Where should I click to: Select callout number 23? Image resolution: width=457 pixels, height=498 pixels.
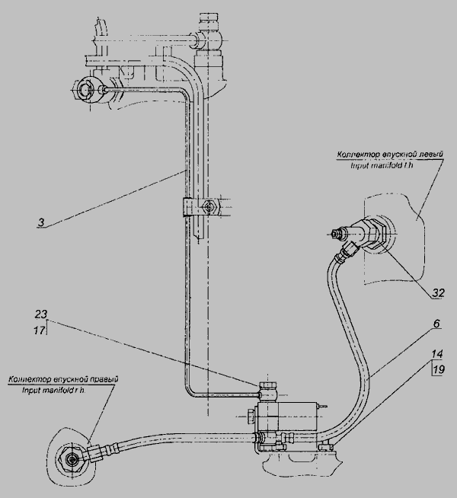[42, 314]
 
